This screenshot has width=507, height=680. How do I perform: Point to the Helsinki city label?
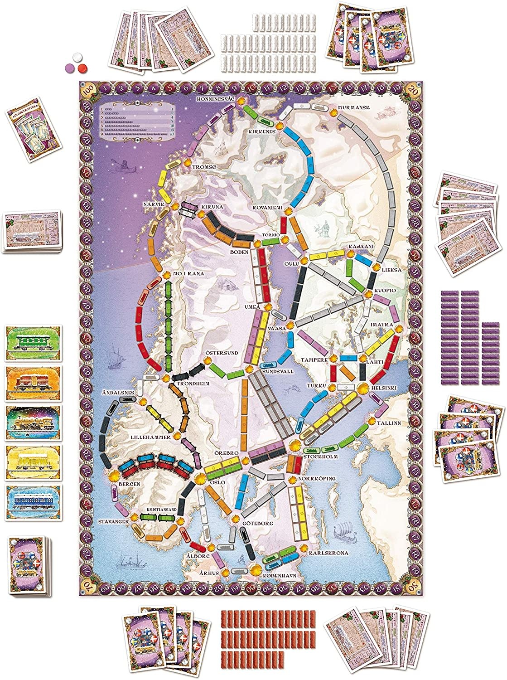[385, 388]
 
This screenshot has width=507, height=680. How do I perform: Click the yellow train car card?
[34, 463]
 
